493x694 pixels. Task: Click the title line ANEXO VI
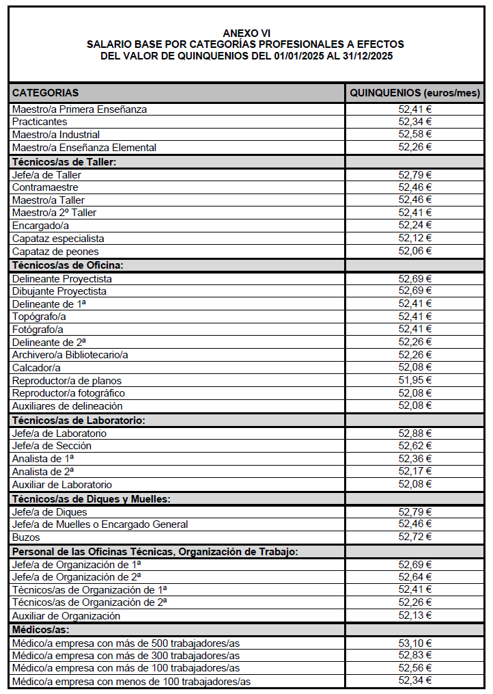(246, 33)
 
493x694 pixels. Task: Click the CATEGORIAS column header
(45, 92)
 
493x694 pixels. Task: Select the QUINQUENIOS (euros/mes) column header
(415, 92)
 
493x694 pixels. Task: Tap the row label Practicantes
(40, 122)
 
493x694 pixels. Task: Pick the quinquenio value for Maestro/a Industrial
(415, 135)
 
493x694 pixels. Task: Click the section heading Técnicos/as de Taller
(64, 162)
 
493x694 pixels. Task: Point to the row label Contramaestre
(45, 187)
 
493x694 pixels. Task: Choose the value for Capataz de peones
(415, 251)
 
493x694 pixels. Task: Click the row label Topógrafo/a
(39, 317)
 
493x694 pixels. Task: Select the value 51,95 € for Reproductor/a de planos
(415, 380)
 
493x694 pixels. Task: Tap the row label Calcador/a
(36, 368)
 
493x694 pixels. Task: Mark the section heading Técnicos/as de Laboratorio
(79, 421)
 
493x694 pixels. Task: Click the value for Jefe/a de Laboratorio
(415, 433)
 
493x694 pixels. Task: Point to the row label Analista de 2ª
(43, 472)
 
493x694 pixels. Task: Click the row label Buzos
(26, 537)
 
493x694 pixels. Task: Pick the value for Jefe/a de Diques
(415, 512)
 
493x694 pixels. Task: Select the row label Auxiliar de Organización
(66, 615)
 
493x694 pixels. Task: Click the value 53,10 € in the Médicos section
(415, 643)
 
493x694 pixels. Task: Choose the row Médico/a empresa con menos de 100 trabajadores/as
(131, 681)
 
